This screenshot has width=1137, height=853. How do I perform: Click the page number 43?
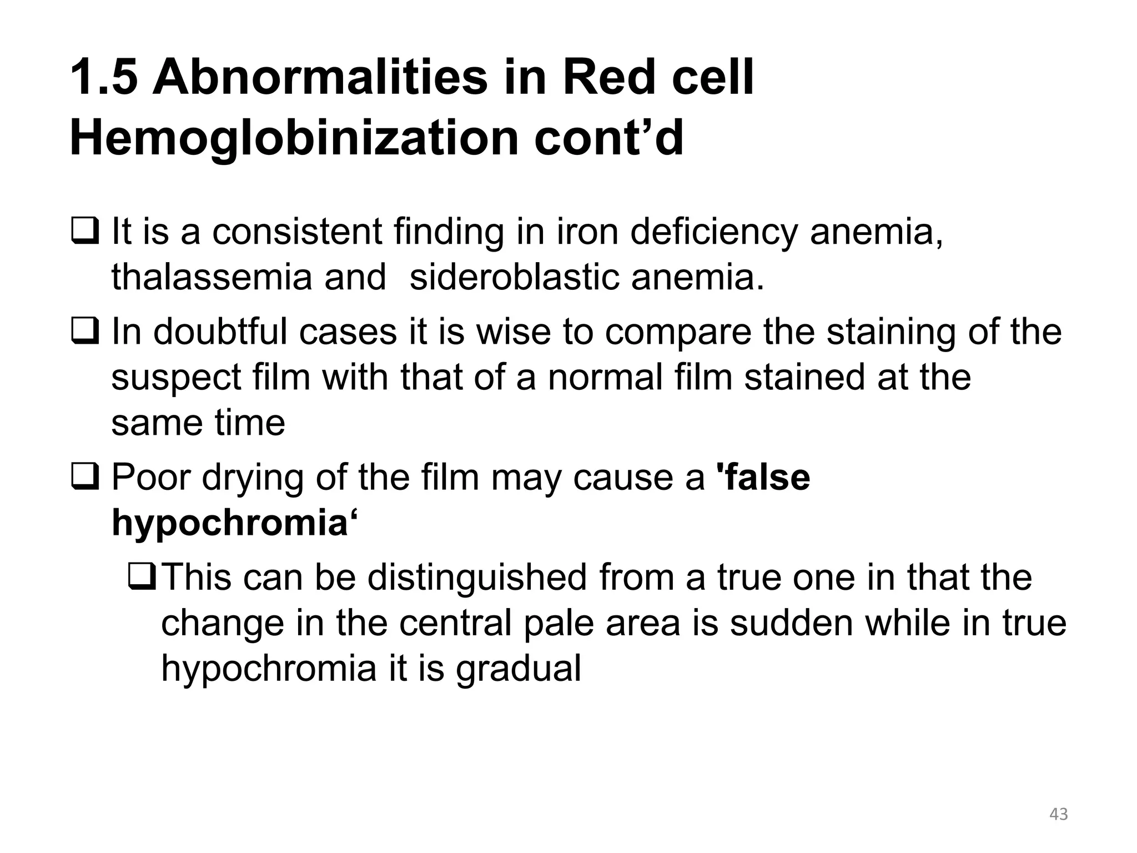(1059, 814)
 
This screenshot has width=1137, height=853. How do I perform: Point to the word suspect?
(176, 378)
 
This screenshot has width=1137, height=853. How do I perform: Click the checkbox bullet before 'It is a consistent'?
(85, 232)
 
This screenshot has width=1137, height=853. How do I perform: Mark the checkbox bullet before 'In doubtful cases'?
(85, 332)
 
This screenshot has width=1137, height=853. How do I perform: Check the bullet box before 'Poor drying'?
(85, 476)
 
